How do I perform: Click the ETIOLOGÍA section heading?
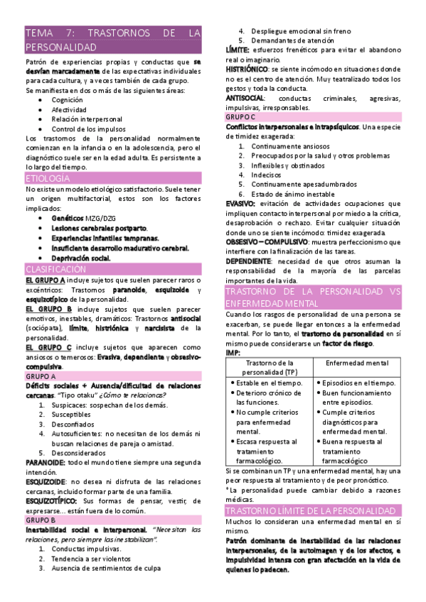(48, 177)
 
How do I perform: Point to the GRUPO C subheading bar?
(241, 116)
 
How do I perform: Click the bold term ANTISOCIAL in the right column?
(245, 97)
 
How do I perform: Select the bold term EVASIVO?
(240, 204)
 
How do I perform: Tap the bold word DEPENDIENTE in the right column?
(250, 261)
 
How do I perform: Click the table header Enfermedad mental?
(357, 363)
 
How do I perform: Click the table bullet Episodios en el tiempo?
(360, 383)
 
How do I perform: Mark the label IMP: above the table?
(233, 352)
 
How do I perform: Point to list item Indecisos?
(267, 174)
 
